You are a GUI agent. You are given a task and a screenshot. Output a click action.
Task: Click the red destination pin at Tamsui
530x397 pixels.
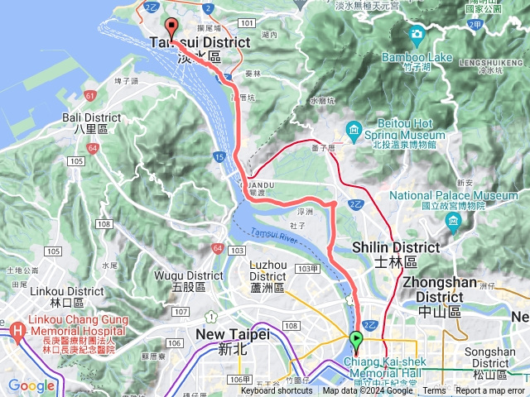tap(171, 26)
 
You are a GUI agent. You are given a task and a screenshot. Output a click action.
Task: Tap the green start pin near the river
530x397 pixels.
tap(356, 339)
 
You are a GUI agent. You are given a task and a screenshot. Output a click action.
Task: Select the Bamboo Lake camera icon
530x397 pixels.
tap(417, 34)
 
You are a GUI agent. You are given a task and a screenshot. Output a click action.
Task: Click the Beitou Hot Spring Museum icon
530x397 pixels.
tap(354, 129)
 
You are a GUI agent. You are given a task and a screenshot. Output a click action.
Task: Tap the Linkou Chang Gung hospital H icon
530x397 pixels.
tap(17, 333)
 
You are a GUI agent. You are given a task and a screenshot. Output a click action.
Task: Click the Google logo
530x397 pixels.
tap(31, 385)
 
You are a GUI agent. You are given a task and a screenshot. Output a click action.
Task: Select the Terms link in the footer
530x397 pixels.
tap(434, 391)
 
